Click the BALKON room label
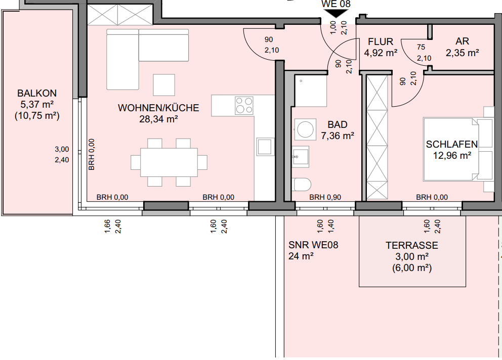click(x=37, y=93)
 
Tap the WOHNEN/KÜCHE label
click(x=158, y=108)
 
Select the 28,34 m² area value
click(x=158, y=119)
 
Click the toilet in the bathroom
click(x=301, y=185)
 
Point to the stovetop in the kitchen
click(x=244, y=106)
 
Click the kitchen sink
click(x=265, y=147)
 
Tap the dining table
click(x=169, y=162)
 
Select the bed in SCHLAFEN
click(x=451, y=150)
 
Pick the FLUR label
click(x=381, y=41)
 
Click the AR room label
click(x=462, y=41)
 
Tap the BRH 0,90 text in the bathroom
click(x=325, y=197)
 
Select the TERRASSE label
click(x=412, y=245)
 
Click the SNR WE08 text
click(x=313, y=245)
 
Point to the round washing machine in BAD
click(x=305, y=129)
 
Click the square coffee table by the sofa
click(x=164, y=85)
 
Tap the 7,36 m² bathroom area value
click(x=338, y=136)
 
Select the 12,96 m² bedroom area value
click(x=452, y=156)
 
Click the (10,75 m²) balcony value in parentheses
click(x=37, y=115)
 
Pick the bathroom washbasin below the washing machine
click(x=301, y=157)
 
